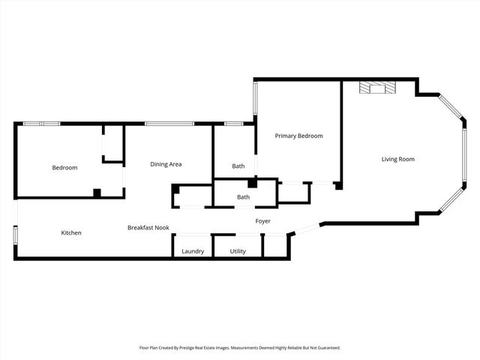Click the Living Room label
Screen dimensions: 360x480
pyautogui.click(x=397, y=159)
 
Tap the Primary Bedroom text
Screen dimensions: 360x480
pyautogui.click(x=298, y=136)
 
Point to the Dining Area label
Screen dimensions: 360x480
pyautogui.click(x=166, y=164)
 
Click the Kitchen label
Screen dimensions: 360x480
pyautogui.click(x=71, y=232)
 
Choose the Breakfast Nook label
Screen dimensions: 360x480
pyautogui.click(x=148, y=227)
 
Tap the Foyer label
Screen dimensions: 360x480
pyautogui.click(x=262, y=221)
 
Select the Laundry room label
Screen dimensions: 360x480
pyautogui.click(x=193, y=251)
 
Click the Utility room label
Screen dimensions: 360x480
pyautogui.click(x=238, y=251)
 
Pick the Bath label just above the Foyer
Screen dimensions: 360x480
pyautogui.click(x=243, y=197)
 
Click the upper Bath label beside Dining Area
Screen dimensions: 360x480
pyautogui.click(x=238, y=166)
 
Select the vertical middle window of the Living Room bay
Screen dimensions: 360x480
pyautogui.click(x=464, y=149)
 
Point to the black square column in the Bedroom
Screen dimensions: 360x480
pyautogui.click(x=97, y=193)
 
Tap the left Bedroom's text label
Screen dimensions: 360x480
pyautogui.click(x=64, y=167)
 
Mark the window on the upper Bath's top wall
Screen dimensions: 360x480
pyautogui.click(x=234, y=124)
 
